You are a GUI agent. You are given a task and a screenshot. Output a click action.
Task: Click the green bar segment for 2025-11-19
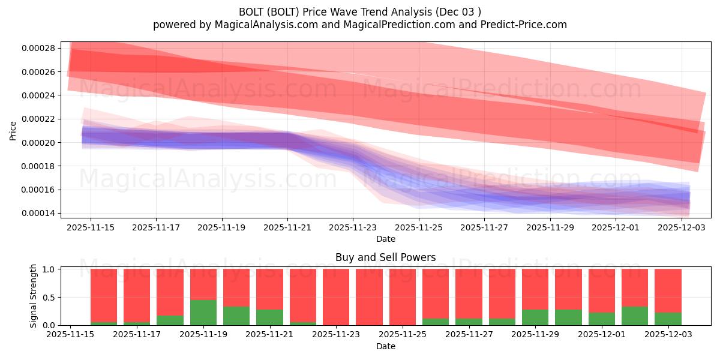(x=203, y=313)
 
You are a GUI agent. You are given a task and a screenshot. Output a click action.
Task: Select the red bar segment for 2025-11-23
(x=336, y=297)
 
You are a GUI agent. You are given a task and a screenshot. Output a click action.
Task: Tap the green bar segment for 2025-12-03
(x=668, y=319)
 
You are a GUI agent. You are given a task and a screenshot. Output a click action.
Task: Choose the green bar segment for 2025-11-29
(x=535, y=317)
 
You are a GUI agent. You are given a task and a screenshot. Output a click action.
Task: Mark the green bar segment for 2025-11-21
(x=269, y=317)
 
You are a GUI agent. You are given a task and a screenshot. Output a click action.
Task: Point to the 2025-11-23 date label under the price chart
(x=353, y=228)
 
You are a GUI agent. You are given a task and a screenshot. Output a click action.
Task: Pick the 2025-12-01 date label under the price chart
(x=616, y=228)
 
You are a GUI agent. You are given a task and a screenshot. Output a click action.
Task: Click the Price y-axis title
(x=13, y=130)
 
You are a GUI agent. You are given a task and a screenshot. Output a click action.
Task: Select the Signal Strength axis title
(x=34, y=296)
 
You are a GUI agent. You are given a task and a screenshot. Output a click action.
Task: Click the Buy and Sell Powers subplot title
(x=385, y=258)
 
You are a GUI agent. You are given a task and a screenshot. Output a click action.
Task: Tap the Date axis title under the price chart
(x=385, y=239)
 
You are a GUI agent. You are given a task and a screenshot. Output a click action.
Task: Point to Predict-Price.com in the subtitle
(x=529, y=25)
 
